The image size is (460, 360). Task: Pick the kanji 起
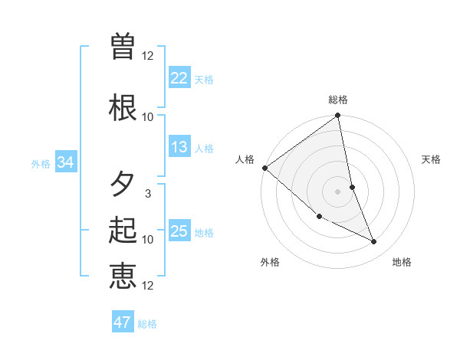pos(123,230)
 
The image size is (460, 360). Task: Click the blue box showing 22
pos(179,77)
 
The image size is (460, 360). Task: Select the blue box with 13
pos(179,147)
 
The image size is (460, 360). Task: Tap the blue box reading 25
pos(179,231)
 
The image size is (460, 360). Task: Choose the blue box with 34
pos(65,162)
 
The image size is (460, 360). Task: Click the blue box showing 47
pos(123,322)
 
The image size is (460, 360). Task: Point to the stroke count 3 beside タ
pos(148,194)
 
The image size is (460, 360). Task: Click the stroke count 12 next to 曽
pos(148,55)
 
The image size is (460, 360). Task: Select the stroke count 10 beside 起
pos(148,239)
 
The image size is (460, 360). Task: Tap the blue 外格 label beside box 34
pos(41,163)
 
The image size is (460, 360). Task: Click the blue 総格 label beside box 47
pos(147,324)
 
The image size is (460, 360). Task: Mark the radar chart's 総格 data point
pos(338,116)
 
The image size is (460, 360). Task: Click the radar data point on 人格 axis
pos(264,168)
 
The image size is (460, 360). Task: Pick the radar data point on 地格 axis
pos(374,242)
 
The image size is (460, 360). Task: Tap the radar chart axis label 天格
pos(432,159)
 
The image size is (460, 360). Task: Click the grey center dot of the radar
pos(338,191)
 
